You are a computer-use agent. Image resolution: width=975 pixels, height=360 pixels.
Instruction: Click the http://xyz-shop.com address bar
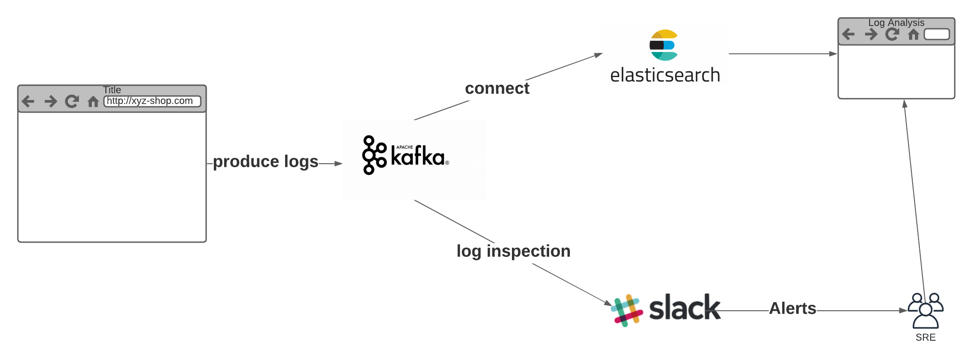[152, 101]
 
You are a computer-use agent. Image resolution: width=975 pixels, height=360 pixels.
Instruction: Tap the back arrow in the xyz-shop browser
[28, 101]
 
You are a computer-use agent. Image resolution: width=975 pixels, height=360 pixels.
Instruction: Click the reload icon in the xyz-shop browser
[72, 101]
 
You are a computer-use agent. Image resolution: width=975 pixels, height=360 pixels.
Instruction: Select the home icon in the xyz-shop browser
[93, 102]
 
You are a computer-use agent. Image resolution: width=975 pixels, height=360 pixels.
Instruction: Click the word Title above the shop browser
[112, 90]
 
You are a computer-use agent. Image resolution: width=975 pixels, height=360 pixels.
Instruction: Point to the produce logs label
[265, 161]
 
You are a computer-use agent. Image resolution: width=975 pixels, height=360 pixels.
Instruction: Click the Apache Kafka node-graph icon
[374, 155]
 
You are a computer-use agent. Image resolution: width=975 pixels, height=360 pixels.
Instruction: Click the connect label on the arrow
[497, 88]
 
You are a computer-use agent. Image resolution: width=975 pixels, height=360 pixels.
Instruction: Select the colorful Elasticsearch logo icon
[663, 45]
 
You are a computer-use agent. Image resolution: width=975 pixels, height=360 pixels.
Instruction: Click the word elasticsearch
[665, 75]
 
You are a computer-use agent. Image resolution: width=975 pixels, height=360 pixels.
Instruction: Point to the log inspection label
[513, 251]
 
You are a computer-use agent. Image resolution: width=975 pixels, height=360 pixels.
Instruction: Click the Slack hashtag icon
[627, 310]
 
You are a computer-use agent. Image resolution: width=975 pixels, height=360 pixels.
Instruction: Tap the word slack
[685, 308]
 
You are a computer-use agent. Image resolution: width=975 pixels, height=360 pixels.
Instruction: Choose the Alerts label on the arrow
[793, 308]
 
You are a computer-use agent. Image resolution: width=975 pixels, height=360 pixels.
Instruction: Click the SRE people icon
[925, 310]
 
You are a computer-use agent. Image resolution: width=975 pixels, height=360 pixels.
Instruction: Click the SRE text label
[925, 338]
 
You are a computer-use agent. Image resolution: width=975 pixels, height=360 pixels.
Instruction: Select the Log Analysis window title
[896, 22]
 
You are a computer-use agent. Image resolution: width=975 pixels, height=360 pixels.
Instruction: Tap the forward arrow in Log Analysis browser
[871, 34]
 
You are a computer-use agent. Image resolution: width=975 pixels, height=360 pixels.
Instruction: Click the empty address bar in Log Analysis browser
[936, 34]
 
